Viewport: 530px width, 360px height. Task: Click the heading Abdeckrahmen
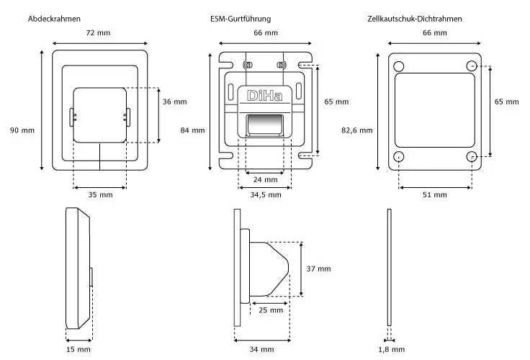pos(54,17)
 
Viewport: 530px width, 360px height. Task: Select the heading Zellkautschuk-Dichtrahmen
pos(414,17)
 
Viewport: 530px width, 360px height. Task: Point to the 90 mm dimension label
pos(22,130)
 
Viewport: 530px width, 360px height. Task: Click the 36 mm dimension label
pos(174,102)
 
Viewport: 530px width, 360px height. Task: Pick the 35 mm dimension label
pos(101,195)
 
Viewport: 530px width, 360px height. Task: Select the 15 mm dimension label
pos(79,349)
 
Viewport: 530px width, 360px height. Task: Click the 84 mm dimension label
pos(193,130)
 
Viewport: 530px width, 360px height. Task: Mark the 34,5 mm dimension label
pos(266,195)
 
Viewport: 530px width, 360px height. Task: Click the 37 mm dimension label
pos(319,269)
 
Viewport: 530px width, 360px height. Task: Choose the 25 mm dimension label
pos(270,310)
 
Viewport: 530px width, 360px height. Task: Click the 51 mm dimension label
pos(435,195)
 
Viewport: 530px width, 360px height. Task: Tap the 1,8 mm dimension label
pos(390,349)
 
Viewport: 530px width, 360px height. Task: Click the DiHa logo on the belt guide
pos(264,96)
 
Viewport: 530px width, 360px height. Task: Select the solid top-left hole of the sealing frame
pos(399,66)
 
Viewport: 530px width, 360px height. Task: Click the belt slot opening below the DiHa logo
pos(266,127)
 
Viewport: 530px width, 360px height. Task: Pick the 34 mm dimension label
pos(262,349)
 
